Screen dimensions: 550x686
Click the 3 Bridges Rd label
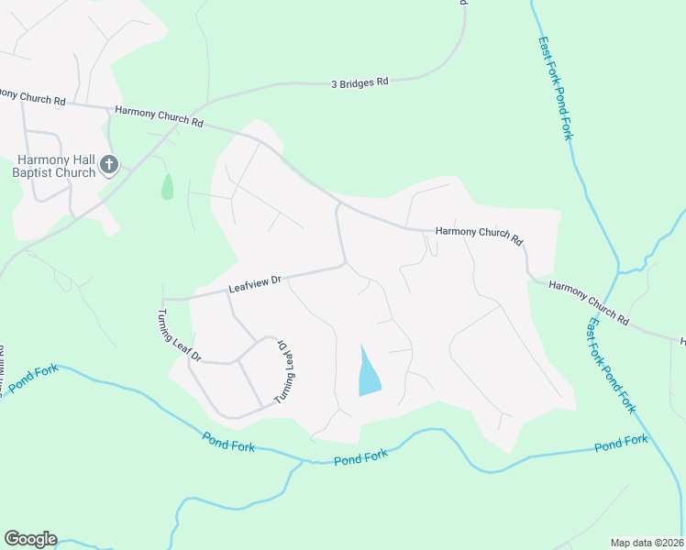pyautogui.click(x=360, y=82)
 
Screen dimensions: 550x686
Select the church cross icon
pyautogui.click(x=109, y=165)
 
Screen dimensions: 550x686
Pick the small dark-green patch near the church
pyautogui.click(x=167, y=187)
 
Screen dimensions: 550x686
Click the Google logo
pyautogui.click(x=30, y=539)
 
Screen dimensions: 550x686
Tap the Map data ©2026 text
pyautogui.click(x=647, y=543)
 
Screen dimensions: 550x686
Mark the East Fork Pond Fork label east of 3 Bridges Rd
pyautogui.click(x=556, y=88)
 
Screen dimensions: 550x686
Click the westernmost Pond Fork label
pyautogui.click(x=34, y=379)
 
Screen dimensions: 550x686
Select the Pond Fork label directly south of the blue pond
pyautogui.click(x=360, y=456)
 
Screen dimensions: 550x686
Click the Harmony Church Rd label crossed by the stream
pyautogui.click(x=590, y=302)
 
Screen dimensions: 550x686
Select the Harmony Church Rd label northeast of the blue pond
pyautogui.click(x=479, y=236)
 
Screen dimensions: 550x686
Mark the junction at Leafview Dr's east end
pyautogui.click(x=345, y=265)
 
